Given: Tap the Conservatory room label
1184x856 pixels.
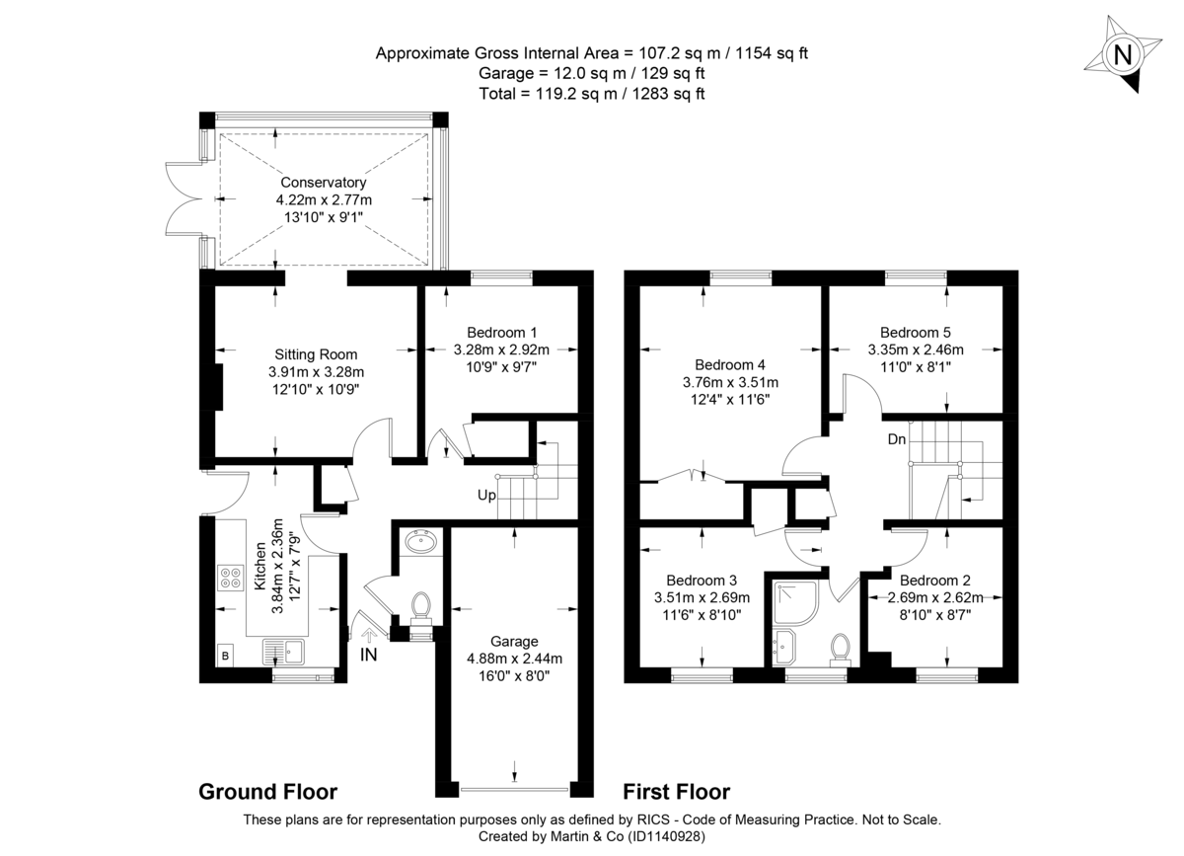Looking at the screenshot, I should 323,183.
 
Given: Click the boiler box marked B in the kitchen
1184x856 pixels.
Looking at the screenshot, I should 225,654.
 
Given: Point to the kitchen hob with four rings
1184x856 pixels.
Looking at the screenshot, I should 231,577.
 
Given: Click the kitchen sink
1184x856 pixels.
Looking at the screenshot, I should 286,652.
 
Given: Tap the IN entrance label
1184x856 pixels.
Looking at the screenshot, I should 368,654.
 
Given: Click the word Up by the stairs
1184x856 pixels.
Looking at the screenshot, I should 486,495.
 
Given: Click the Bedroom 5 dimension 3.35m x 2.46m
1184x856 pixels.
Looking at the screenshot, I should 916,349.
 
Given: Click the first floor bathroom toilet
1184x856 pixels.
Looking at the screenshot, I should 842,647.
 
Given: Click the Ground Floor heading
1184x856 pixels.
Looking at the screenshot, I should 267,792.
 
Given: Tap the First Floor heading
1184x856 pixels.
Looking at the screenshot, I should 676,792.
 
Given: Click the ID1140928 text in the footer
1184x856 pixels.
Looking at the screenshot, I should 660,836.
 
